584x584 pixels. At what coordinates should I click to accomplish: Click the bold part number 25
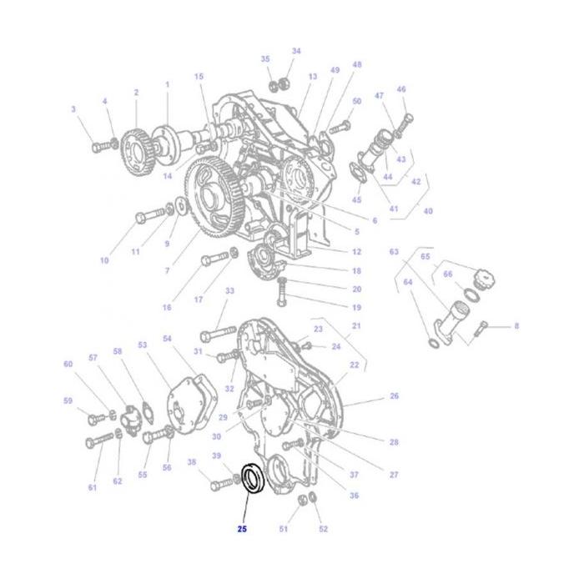point(242,528)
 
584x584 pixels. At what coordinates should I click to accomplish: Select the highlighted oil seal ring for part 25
point(252,479)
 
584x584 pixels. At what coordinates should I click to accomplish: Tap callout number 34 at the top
point(295,51)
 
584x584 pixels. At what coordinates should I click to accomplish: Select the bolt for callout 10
point(145,216)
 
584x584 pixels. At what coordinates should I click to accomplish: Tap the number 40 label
point(428,212)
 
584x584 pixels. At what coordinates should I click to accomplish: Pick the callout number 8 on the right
point(516,325)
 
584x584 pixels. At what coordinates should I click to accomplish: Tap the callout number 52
point(323,529)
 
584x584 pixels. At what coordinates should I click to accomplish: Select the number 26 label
point(394,395)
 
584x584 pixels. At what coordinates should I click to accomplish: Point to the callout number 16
point(167,308)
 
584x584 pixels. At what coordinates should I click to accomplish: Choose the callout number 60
point(68,364)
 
